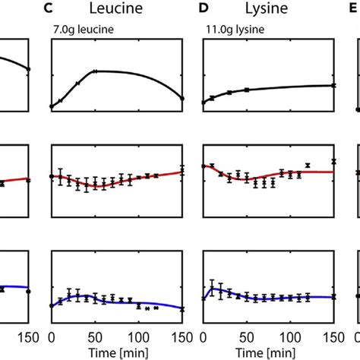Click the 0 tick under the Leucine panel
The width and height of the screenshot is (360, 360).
pos(51,336)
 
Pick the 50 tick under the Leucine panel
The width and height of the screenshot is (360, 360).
pos(95,336)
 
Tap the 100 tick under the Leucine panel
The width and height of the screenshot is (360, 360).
pos(138,336)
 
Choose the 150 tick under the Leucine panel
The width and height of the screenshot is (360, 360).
pos(181,336)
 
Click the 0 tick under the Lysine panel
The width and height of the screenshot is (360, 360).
pos(204,336)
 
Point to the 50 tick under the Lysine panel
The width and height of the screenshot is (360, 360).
pos(247,336)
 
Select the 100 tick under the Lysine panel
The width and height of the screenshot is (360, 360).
pos(290,336)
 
